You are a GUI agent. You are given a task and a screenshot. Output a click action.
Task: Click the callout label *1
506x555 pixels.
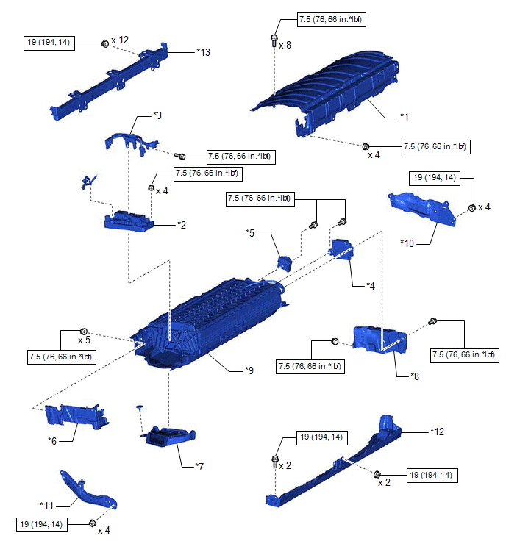click(x=404, y=117)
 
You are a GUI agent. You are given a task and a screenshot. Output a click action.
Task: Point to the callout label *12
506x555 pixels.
click(x=438, y=432)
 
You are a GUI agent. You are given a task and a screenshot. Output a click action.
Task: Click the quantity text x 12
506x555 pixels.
click(x=119, y=39)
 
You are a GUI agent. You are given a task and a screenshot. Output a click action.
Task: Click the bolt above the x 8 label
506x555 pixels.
click(x=274, y=38)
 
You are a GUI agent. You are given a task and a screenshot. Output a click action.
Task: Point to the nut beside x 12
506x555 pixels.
click(x=104, y=44)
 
